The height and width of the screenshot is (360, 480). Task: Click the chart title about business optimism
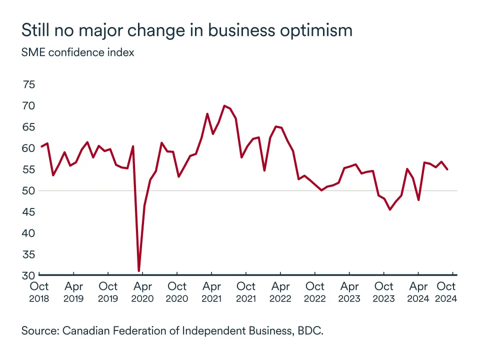pos(186,30)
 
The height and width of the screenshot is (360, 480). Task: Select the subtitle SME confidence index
pos(77,52)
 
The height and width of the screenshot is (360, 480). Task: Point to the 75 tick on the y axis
pos(29,84)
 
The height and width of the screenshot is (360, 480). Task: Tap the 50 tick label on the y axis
pos(29,190)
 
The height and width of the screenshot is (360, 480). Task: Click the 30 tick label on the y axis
pos(29,275)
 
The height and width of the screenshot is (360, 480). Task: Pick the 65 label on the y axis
pos(29,127)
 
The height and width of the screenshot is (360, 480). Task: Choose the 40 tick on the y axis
pos(29,233)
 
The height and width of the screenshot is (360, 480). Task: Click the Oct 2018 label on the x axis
pos(39,292)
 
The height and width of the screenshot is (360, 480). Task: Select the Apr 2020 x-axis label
pos(142,292)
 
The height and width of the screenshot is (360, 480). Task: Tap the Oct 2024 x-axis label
pos(446,292)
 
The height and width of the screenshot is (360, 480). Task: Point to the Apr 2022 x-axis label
pos(280,292)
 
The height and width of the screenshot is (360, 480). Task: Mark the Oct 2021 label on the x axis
pos(246,292)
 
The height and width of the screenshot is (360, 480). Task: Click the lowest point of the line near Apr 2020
pos(138,271)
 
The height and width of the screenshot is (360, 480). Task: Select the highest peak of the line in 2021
pos(224,105)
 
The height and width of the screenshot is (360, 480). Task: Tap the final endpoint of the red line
pos(447,169)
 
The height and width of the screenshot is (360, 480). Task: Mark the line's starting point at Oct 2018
pos(41,146)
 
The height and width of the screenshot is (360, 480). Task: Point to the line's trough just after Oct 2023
pos(390,209)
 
